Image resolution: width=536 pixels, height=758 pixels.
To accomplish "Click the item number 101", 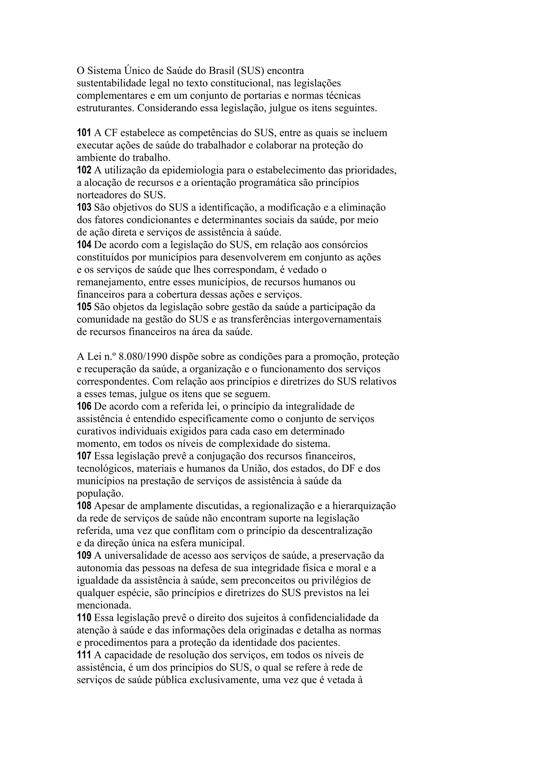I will tap(84, 133).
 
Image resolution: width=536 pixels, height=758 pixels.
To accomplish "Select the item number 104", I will tap(84, 245).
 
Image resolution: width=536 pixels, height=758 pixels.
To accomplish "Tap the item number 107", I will tap(84, 456).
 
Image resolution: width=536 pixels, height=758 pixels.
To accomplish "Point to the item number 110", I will tap(84, 618).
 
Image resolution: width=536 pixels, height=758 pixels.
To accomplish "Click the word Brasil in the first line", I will tap(221, 71).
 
